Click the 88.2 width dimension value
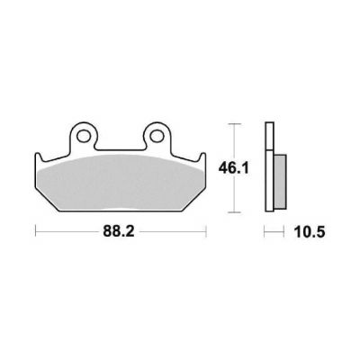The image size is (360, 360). point(119,231)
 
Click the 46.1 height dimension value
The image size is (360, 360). point(234,168)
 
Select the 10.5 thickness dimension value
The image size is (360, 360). point(310,232)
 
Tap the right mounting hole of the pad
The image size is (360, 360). point(156,136)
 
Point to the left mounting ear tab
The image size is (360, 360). point(83,136)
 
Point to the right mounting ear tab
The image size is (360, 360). point(156,136)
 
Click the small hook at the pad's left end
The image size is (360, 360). point(38,157)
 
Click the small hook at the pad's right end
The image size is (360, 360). point(202,157)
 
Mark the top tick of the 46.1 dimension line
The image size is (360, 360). point(234,123)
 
